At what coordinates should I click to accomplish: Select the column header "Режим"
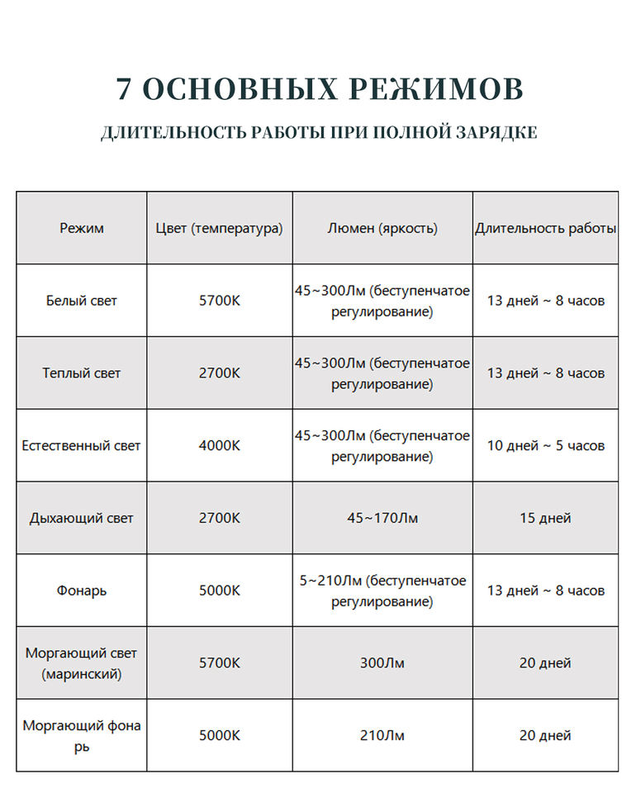click(82, 228)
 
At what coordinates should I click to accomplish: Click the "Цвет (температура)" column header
click(219, 228)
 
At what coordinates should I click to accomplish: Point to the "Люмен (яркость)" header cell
click(382, 228)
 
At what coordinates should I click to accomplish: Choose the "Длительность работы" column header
click(545, 228)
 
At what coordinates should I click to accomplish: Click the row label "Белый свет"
click(82, 301)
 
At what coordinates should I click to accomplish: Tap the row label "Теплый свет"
click(82, 373)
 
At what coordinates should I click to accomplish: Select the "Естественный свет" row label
click(82, 445)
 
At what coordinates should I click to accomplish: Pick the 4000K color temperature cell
click(219, 445)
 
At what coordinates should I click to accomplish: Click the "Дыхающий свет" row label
click(82, 518)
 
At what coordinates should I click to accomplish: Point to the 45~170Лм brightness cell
click(382, 518)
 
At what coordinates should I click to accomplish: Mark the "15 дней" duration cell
click(545, 518)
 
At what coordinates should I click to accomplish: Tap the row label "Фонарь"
click(82, 591)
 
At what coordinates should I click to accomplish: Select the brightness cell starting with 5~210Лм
click(382, 591)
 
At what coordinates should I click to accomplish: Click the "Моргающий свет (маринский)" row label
click(82, 663)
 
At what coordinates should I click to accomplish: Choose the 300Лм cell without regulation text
click(382, 663)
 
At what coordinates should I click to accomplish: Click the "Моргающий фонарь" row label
click(82, 735)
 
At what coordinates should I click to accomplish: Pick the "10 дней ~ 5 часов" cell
click(545, 445)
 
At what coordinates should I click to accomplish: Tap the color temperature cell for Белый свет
click(219, 301)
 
